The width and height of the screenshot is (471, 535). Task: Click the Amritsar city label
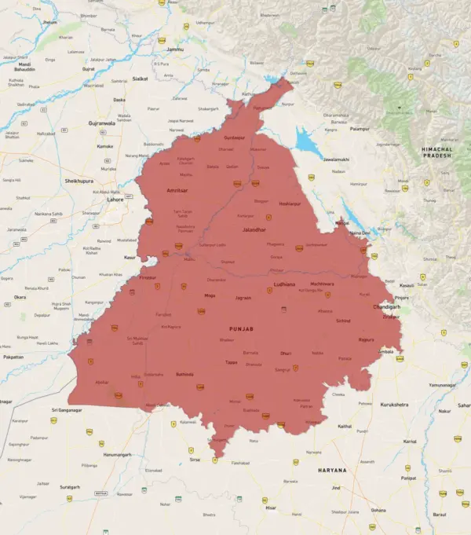coord(177,191)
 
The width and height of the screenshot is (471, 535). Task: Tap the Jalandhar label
coord(254,229)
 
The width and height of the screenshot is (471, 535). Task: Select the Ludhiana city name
coord(284,284)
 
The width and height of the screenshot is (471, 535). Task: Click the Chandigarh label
coord(386,306)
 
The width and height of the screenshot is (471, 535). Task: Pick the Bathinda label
coord(184,374)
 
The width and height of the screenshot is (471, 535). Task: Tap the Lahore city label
coord(115,200)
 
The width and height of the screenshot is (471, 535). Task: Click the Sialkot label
coord(141,79)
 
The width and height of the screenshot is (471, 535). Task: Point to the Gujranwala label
coord(101,123)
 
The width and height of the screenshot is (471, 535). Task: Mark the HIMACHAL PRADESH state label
coord(437,152)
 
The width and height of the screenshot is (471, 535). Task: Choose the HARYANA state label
coord(332,470)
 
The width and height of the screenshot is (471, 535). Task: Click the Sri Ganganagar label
coord(67,410)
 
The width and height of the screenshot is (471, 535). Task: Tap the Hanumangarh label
coord(116,454)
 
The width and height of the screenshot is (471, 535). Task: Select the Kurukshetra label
coord(394,404)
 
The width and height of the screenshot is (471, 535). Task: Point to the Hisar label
coord(271,508)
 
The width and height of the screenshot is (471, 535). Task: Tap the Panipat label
coord(408,478)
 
